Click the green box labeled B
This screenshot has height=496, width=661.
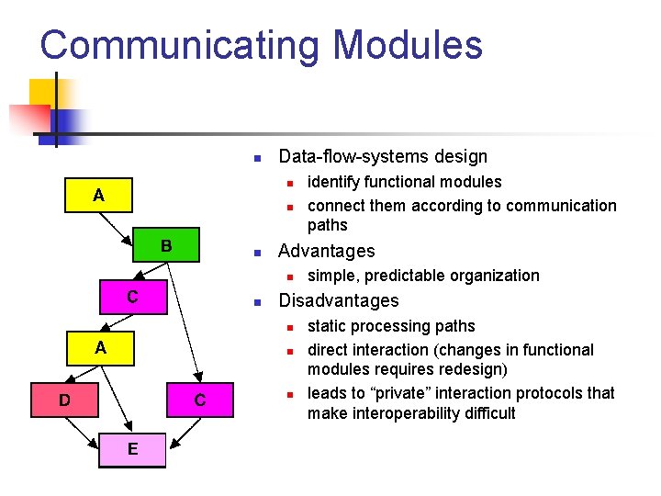tap(166, 246)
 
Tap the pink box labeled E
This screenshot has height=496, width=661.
tap(133, 449)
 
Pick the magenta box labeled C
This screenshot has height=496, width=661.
tap(198, 400)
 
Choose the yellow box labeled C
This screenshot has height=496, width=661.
tap(132, 297)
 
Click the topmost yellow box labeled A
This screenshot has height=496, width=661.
tap(98, 195)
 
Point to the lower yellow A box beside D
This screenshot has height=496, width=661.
tap(100, 348)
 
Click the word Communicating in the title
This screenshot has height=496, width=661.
tap(179, 45)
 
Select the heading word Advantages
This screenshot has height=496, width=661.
tap(326, 251)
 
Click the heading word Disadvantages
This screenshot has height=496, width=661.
tap(338, 300)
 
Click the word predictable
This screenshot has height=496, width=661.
tap(406, 276)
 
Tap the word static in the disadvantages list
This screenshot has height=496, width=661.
tap(327, 326)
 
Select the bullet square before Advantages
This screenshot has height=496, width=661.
tap(259, 252)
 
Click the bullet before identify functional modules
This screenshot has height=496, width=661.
tap(288, 182)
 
